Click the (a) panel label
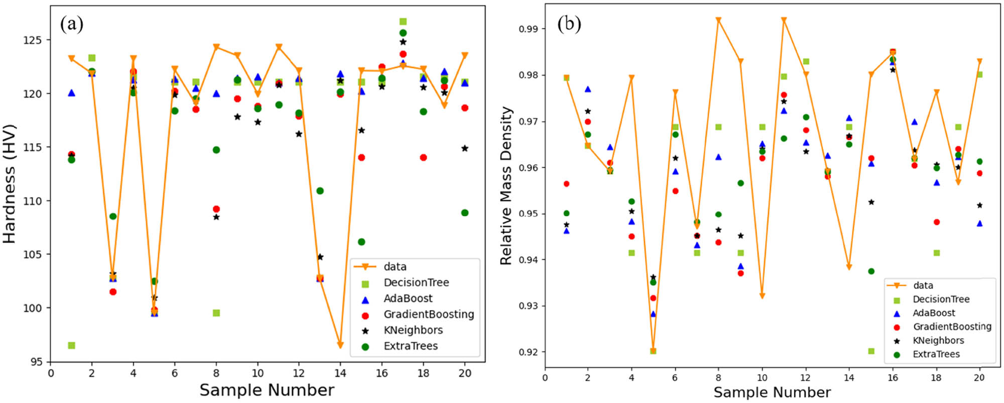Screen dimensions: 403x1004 (x=72, y=24)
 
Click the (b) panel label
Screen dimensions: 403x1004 (x=569, y=24)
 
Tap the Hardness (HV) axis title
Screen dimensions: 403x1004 (x=10, y=184)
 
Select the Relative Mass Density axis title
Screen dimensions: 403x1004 (x=506, y=185)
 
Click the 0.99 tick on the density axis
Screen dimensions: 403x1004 (x=529, y=29)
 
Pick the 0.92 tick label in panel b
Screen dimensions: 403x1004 (x=529, y=352)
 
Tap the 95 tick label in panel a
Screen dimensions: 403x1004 (x=36, y=362)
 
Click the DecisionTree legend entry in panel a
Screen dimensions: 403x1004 (x=416, y=282)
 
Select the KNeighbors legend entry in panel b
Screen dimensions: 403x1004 (x=938, y=340)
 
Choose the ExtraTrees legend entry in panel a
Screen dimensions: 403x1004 (x=411, y=346)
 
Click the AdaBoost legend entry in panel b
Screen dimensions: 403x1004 (x=934, y=313)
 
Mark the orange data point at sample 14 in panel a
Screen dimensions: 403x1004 (x=340, y=345)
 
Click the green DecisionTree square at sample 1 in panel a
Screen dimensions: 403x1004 (x=71, y=345)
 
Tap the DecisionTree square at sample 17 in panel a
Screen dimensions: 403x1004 (x=403, y=22)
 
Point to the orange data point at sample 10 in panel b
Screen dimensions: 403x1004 (x=762, y=296)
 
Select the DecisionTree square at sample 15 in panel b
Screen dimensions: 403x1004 (x=871, y=351)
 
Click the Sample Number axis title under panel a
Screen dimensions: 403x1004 (x=267, y=390)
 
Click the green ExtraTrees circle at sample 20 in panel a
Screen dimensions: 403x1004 (x=465, y=213)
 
